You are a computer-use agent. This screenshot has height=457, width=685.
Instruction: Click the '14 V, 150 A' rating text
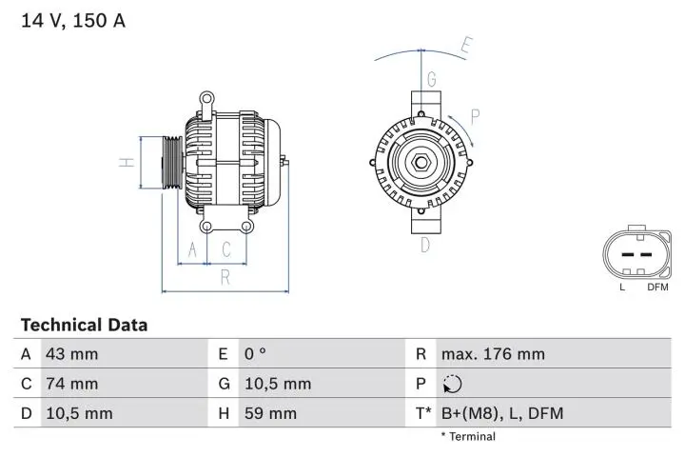[x=73, y=20]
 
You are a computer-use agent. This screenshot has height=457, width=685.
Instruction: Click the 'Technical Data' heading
[x=84, y=325]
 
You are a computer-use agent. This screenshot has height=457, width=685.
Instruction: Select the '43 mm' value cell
[x=71, y=354]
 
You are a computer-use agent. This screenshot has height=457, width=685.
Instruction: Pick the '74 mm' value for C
[x=71, y=384]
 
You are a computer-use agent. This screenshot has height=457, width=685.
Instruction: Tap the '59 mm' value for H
[x=271, y=413]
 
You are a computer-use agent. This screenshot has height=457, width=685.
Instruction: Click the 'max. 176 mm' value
[x=493, y=354]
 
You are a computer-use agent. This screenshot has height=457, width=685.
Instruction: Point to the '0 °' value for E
[x=255, y=354]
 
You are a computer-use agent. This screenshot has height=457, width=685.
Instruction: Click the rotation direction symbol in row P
[x=452, y=384]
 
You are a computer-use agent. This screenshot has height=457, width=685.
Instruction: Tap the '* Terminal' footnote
[x=467, y=437]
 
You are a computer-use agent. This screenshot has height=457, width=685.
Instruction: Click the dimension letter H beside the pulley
[x=127, y=163]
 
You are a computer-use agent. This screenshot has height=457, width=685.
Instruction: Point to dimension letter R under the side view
[x=225, y=277]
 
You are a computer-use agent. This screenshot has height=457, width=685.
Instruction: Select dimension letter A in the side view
[x=193, y=249]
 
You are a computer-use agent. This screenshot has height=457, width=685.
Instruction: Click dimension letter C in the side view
[x=226, y=249]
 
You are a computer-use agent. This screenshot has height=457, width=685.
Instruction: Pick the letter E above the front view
[x=466, y=44]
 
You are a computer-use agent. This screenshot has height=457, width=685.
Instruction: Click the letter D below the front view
[x=425, y=245]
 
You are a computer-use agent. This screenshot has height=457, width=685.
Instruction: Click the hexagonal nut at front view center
[x=421, y=162]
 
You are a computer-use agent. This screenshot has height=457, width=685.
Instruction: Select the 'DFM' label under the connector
[x=657, y=287]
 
